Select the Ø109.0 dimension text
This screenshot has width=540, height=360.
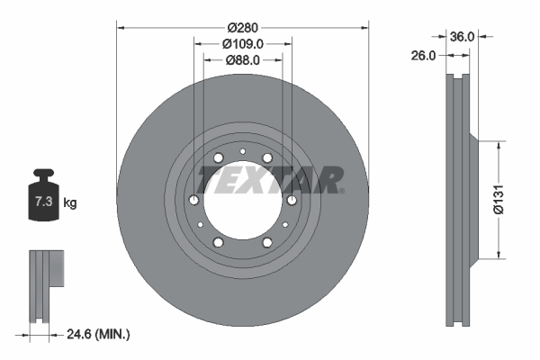(x=243, y=43)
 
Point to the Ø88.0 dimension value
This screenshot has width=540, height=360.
(x=243, y=60)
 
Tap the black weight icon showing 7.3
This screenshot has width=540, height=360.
(x=43, y=199)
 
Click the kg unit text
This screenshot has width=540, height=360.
(x=70, y=203)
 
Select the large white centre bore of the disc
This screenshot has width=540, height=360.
(x=241, y=200)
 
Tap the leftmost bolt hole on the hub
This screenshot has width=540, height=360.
(x=194, y=200)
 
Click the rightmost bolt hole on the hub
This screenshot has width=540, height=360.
(x=291, y=200)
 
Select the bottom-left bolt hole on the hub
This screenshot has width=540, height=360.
(x=218, y=241)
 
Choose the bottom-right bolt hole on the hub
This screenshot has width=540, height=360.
(x=266, y=241)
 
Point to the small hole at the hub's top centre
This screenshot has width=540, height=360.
(x=242, y=150)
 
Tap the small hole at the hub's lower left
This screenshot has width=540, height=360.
(x=200, y=224)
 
